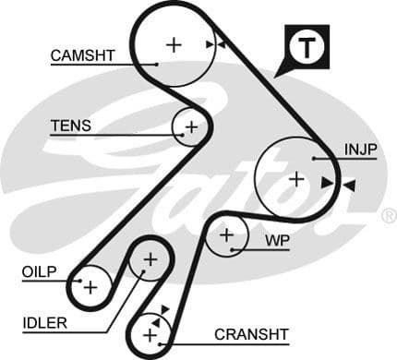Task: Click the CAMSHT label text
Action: click(82, 55)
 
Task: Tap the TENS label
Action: click(70, 126)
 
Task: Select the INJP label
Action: click(360, 149)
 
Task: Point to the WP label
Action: click(277, 240)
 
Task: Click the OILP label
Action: click(39, 271)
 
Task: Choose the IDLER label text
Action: click(44, 322)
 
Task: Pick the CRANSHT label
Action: click(251, 333)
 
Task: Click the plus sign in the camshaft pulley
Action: click(174, 43)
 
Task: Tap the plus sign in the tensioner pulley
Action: click(190, 126)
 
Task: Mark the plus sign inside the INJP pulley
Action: click(295, 178)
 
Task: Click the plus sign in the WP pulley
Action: click(227, 237)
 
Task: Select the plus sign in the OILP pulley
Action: click(90, 287)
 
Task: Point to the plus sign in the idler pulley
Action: click(149, 261)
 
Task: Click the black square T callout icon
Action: click(305, 46)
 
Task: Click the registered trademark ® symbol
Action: click(388, 216)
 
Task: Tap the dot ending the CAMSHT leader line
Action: click(158, 64)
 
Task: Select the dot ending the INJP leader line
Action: click(315, 158)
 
